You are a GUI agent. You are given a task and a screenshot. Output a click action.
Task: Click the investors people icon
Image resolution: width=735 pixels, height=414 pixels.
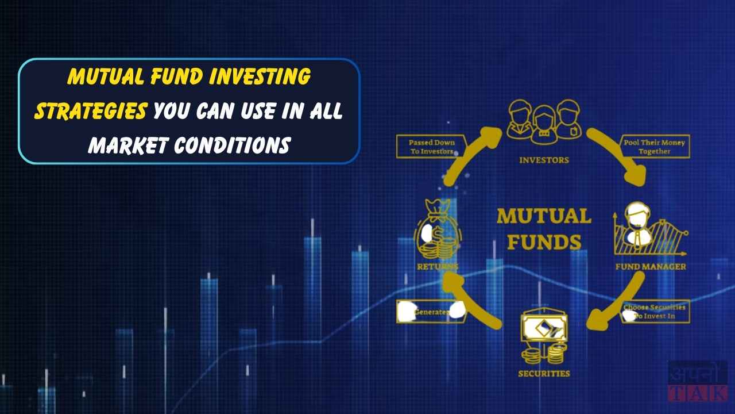tap(543, 121)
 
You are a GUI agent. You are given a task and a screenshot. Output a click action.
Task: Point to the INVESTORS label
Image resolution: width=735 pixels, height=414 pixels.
tap(544, 160)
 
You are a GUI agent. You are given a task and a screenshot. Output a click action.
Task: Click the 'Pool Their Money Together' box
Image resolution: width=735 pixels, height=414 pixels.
tap(654, 147)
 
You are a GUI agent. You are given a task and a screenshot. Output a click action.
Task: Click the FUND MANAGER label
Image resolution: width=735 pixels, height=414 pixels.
tap(651, 267)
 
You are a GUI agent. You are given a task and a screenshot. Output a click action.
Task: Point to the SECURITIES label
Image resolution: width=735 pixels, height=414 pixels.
tap(544, 373)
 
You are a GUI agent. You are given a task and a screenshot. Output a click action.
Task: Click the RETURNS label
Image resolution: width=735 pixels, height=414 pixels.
tap(438, 267)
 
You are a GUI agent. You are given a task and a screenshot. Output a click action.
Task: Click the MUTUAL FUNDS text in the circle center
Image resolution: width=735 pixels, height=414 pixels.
tap(544, 229)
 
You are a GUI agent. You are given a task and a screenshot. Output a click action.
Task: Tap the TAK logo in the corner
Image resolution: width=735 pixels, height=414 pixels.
tap(697, 381)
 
